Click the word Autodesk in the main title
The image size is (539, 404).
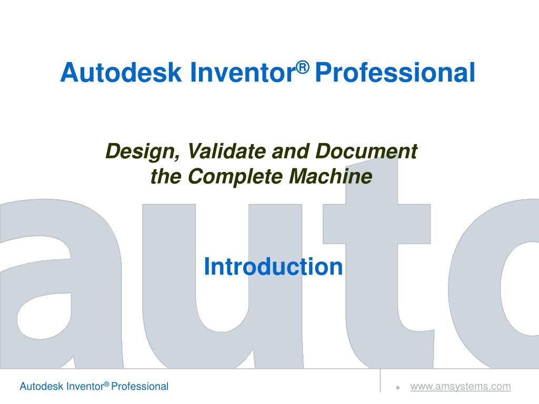coord(121,72)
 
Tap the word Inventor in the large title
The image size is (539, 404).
coord(242,72)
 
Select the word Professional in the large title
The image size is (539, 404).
coord(395,72)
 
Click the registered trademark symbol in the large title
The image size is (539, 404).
coord(303,67)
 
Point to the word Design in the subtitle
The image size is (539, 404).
coord(143,152)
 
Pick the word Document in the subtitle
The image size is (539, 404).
coord(366,151)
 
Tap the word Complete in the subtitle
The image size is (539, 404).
coord(235,177)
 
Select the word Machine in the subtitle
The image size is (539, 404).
coord(331,176)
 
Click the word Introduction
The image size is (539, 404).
coord(273,267)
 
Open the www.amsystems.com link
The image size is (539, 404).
coord(461,387)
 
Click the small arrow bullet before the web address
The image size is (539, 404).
coord(398,388)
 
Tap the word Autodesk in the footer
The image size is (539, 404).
coord(42,387)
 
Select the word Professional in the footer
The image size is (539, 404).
coord(140,387)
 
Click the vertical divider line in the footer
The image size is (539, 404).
coord(380,381)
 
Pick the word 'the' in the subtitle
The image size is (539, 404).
coord(166,176)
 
